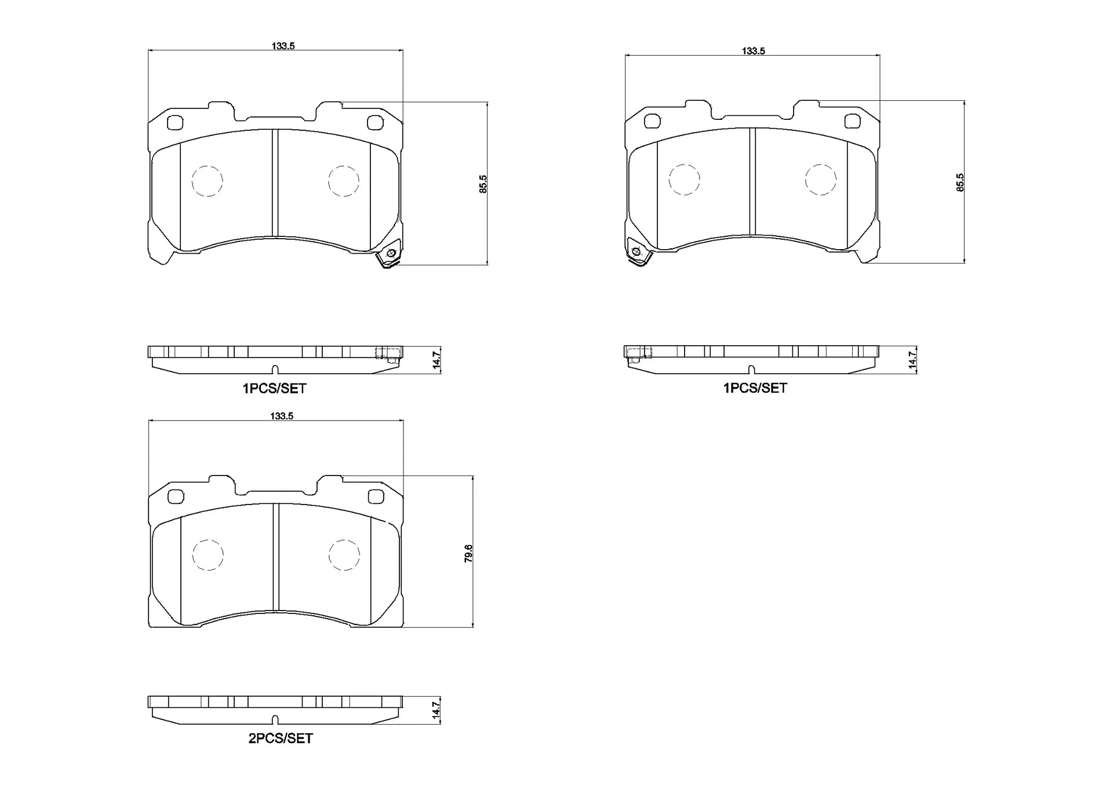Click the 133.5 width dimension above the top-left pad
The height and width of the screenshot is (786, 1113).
point(283,46)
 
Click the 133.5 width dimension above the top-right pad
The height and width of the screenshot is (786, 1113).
point(754,51)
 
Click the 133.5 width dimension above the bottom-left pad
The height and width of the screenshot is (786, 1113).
point(282,416)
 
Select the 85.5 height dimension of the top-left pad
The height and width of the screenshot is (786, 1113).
point(483,184)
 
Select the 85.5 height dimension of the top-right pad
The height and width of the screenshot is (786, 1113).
point(960,182)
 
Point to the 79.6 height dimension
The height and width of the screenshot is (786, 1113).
point(468,553)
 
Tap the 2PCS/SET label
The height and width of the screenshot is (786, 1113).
point(281,739)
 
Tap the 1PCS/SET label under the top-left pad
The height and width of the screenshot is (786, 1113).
point(274,389)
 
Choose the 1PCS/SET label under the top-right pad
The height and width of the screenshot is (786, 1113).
point(755,388)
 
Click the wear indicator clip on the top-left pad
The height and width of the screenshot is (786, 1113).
point(389,255)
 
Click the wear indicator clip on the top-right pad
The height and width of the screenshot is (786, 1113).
point(638,253)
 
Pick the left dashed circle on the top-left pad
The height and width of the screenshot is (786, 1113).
point(207,181)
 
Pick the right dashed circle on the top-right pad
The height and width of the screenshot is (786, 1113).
point(821,180)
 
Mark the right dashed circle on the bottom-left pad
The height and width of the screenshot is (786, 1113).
point(344,555)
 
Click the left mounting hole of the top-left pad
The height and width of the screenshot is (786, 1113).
point(174,123)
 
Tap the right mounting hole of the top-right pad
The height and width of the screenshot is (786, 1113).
point(853,121)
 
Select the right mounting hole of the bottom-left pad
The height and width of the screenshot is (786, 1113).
point(376,496)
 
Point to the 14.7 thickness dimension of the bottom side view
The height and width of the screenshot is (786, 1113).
point(437,710)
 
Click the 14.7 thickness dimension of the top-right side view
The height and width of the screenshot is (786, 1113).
point(912,360)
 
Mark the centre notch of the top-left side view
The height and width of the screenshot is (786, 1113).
point(275,370)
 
